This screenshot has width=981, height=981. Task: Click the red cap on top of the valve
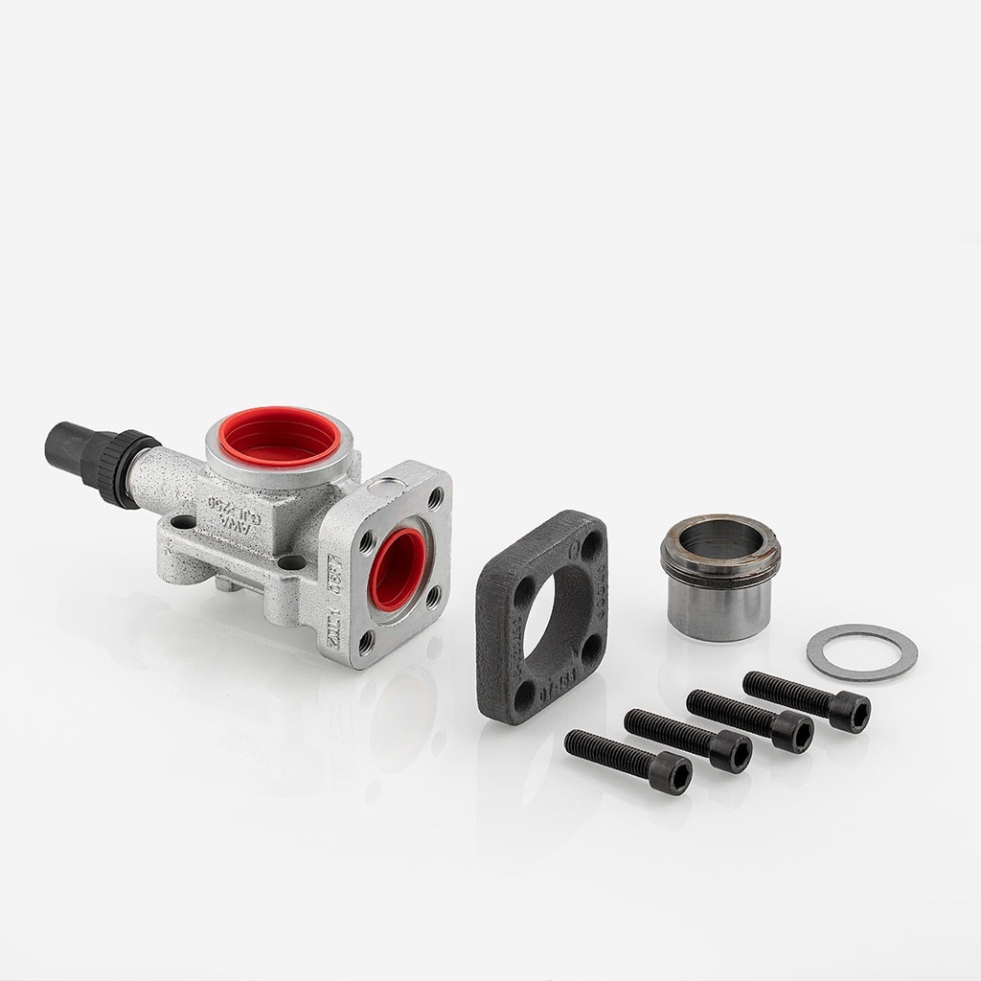tap(279, 436)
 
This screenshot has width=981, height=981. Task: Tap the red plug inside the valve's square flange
tap(398, 569)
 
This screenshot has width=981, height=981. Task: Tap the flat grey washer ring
tap(861, 652)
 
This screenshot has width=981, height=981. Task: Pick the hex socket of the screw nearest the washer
tap(851, 713)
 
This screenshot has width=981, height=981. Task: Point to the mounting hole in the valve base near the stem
tap(183, 523)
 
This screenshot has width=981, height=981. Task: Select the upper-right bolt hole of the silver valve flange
tap(435, 499)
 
